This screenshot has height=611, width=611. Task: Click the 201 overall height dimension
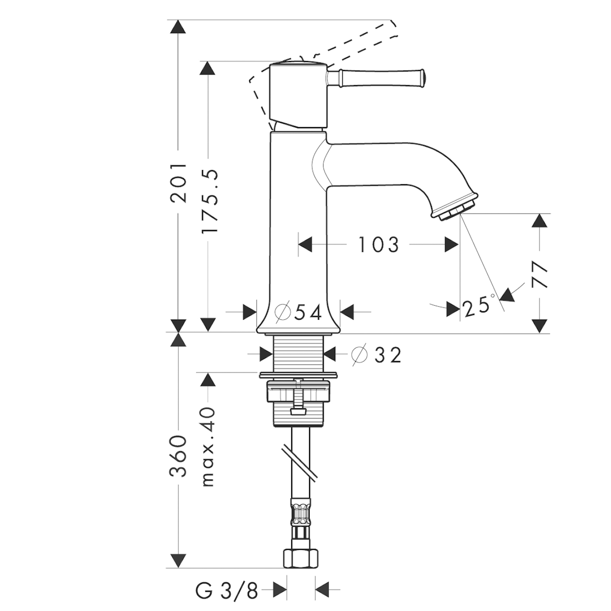178,183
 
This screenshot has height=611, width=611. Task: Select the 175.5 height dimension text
209,202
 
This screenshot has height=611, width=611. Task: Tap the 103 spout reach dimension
378,244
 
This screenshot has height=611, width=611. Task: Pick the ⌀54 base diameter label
298,313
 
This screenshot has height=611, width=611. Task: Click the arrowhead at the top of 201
178,27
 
